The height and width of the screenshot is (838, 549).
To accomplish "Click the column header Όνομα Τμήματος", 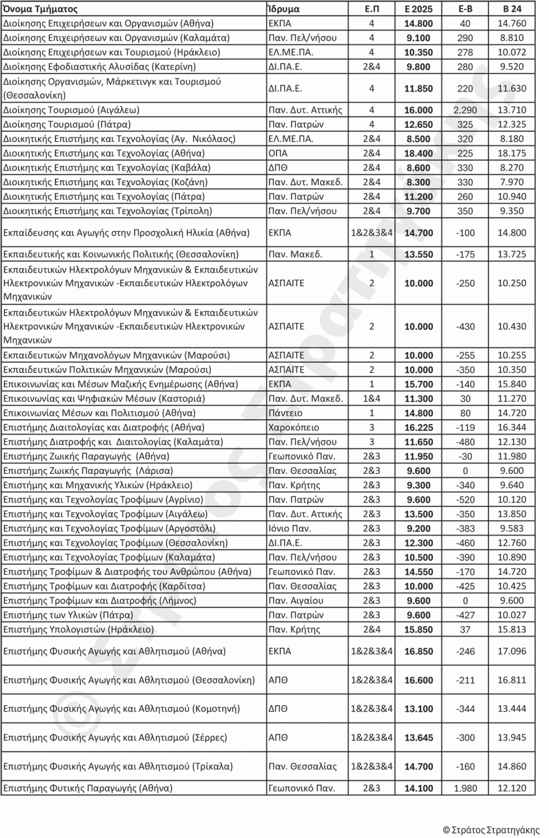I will pyautogui.click(x=41, y=9).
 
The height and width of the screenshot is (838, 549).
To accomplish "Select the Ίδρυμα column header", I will pyautogui.click(x=283, y=9).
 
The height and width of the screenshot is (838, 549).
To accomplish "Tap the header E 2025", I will pyautogui.click(x=419, y=9).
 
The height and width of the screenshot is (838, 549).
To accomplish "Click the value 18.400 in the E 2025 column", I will pyautogui.click(x=419, y=153).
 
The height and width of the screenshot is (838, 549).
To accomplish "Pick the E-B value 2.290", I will pyautogui.click(x=465, y=110).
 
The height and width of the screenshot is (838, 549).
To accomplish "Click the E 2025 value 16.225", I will pyautogui.click(x=419, y=427).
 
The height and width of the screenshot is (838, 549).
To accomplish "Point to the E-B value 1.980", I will pyautogui.click(x=465, y=788).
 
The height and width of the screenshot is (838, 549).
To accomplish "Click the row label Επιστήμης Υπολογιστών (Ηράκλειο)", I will pyautogui.click(x=79, y=629).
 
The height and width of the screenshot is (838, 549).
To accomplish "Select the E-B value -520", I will pyautogui.click(x=465, y=499).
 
